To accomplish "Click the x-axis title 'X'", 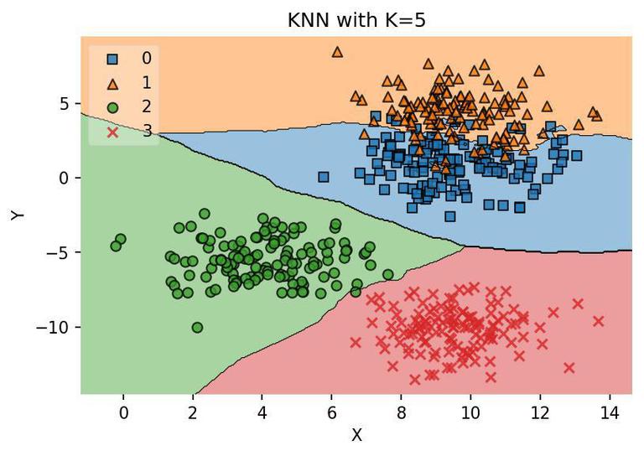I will tap(356, 435).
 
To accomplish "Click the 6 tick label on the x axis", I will tap(332, 412).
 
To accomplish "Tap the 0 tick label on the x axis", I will tap(123, 412).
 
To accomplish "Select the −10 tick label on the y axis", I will tap(51, 327).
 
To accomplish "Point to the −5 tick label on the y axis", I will tap(57, 252).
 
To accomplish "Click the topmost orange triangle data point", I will tap(337, 51).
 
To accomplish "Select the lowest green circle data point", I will tap(197, 327).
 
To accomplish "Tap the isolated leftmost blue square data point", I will tap(324, 176).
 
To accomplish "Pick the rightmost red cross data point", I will tap(598, 321).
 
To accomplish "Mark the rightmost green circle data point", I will tap(387, 274).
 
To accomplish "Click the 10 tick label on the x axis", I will tap(470, 412).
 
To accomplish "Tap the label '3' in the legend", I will tap(147, 132).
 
